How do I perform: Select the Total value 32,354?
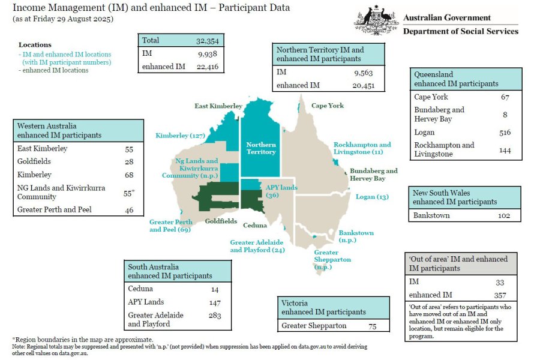pos(209,41)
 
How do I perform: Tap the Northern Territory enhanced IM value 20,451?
pos(360,85)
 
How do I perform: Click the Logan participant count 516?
pos(505,132)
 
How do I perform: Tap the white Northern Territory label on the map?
pos(261,148)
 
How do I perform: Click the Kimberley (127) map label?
pos(181,136)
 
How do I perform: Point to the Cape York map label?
pos(327,106)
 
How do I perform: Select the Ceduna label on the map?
pos(255,226)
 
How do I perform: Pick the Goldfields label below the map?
pos(221,221)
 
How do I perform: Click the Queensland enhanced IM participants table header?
pos(457,79)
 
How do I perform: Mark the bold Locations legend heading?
pos(35,45)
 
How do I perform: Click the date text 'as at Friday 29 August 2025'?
pos(62,19)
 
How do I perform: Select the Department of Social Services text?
pos(460,31)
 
